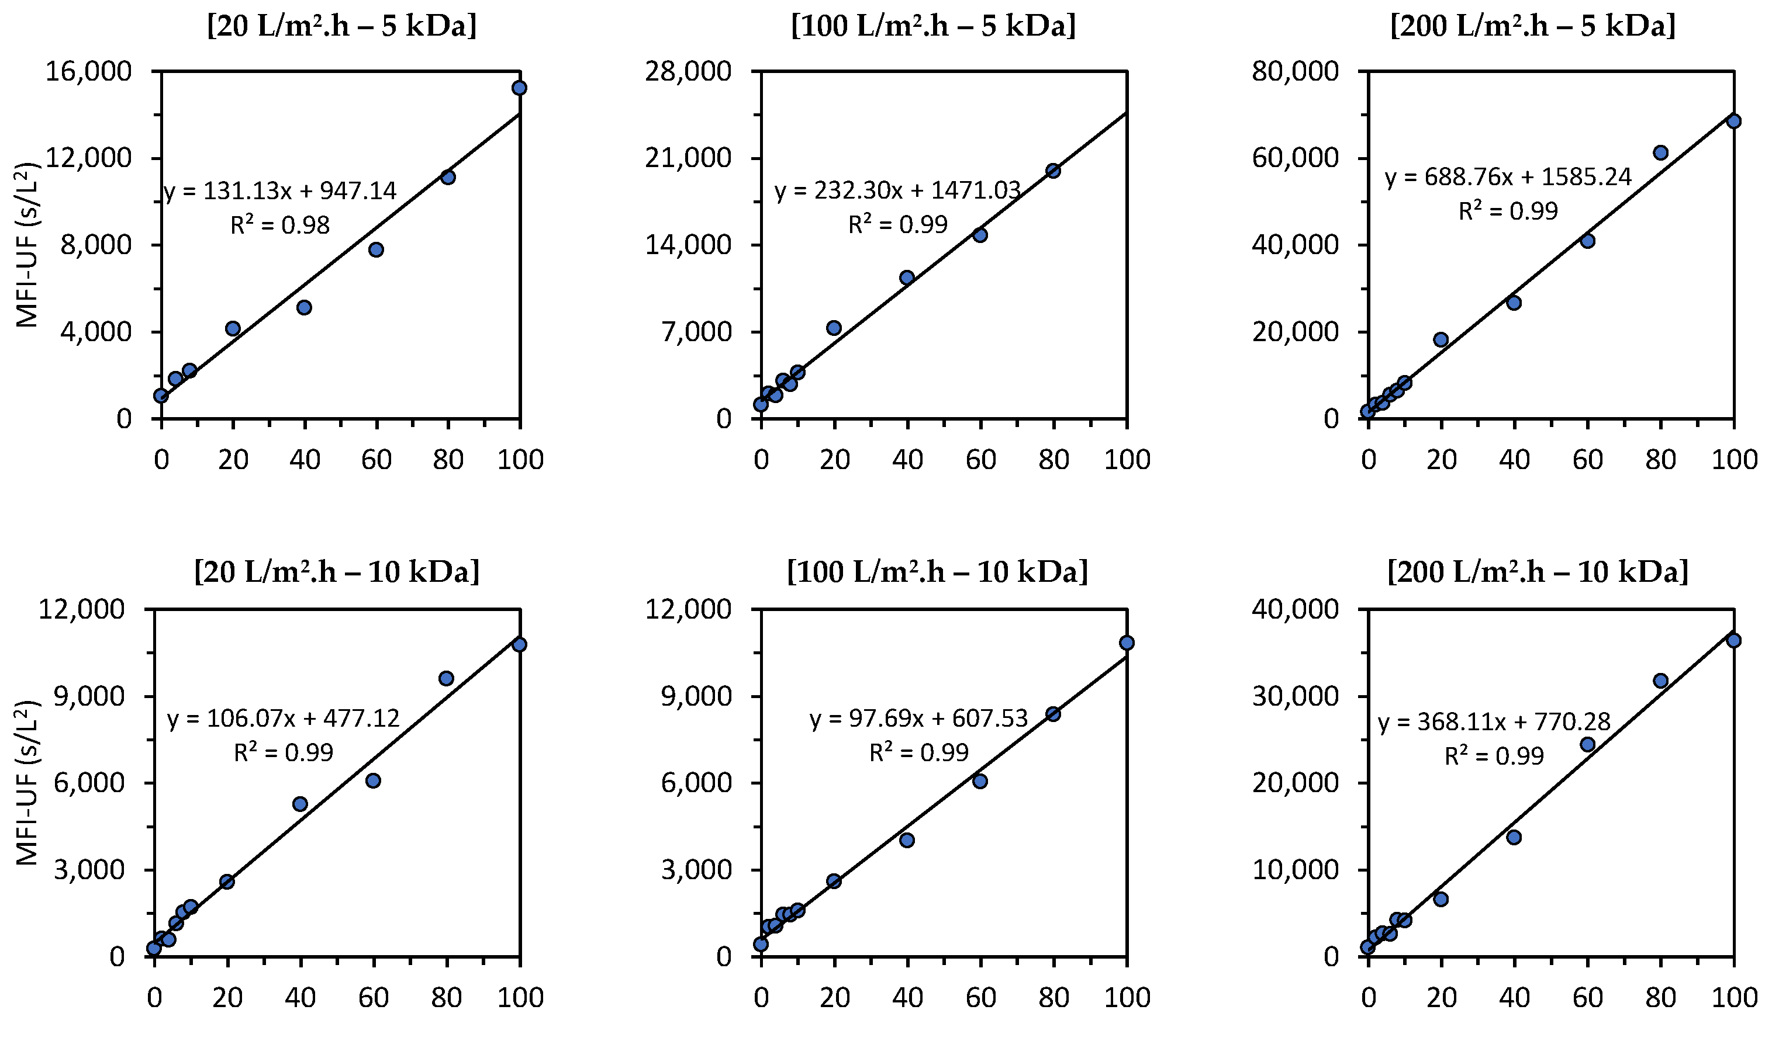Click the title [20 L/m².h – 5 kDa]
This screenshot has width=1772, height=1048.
click(341, 26)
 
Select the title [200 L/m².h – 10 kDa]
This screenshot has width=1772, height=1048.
click(1538, 571)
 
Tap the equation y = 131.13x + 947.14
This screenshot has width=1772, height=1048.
click(280, 190)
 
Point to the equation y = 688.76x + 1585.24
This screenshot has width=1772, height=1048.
click(1508, 176)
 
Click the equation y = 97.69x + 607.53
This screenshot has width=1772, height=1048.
click(918, 719)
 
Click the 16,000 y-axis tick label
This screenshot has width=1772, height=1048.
click(88, 71)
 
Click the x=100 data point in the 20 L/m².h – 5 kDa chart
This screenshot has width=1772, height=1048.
click(519, 88)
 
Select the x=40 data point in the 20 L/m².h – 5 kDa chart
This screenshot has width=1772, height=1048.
click(305, 307)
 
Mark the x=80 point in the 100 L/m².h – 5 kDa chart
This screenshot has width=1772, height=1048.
click(1053, 170)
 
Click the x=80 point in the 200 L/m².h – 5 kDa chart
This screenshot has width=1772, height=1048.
click(1661, 152)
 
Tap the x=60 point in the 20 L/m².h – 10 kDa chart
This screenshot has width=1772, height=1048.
click(374, 780)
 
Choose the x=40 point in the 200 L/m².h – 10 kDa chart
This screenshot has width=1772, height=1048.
click(1514, 838)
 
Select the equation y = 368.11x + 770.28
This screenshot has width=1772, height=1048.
click(1494, 721)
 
